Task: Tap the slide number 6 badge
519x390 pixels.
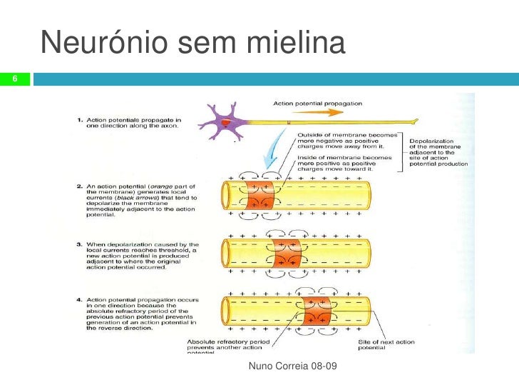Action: click(14, 79)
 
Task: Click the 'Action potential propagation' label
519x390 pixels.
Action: click(318, 103)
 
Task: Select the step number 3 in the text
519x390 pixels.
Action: click(79, 245)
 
